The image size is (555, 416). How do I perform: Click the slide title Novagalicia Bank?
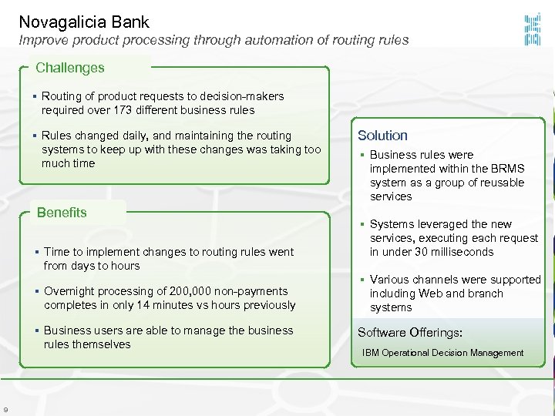click(x=84, y=22)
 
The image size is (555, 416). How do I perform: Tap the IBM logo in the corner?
click(x=532, y=28)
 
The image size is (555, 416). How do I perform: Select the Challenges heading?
click(x=70, y=68)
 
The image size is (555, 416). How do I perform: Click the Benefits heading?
click(x=62, y=213)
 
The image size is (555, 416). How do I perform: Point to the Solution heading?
click(x=382, y=136)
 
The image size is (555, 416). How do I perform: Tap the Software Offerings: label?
click(x=409, y=333)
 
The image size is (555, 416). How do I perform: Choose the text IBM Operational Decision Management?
click(x=442, y=353)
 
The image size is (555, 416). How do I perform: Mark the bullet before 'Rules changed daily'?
click(x=35, y=136)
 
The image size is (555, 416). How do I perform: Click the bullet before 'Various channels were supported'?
click(x=363, y=280)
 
